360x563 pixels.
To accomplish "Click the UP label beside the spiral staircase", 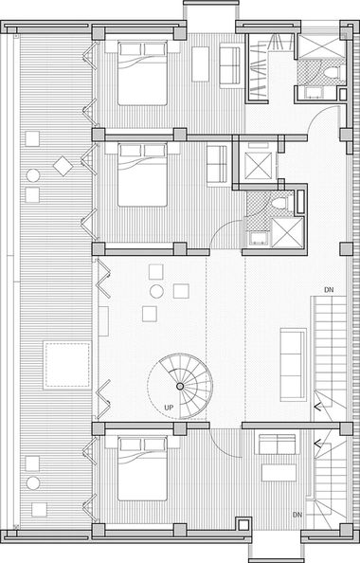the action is coord(169,408).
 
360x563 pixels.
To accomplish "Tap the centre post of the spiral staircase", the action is coord(180,386).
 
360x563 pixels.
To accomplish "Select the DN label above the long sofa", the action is coord(329,290).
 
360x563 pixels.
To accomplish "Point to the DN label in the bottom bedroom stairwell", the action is coord(297,515).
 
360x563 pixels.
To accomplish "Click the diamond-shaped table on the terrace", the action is coord(63,166).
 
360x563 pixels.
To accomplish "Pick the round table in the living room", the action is coord(157,292).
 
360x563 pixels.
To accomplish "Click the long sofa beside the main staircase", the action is coord(294,364).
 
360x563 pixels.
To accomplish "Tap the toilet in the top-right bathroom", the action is coord(332,73).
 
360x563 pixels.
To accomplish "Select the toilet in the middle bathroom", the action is coord(279,204).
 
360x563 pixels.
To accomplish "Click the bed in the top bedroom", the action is coord(142,73).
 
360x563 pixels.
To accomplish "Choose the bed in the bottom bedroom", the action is coord(142,468).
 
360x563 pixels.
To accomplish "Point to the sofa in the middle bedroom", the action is coord(217,166).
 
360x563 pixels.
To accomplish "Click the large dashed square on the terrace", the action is coord(67,366).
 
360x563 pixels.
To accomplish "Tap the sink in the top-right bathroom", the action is coord(315,93).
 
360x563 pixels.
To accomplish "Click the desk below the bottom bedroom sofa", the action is coord(279,473).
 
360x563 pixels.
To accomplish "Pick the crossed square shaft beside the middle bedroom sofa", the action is coord(259,166).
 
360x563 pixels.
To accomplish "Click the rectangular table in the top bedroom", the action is coord(200,64).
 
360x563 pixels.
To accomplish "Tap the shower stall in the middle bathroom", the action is coord(287,232).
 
